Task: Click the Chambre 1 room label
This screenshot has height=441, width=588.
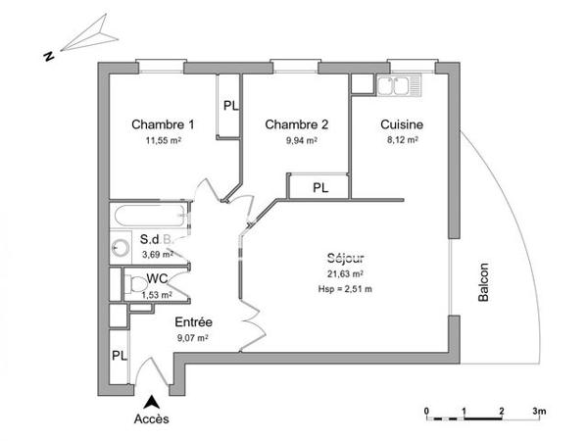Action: click(x=164, y=124)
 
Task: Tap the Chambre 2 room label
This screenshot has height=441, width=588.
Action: click(x=296, y=124)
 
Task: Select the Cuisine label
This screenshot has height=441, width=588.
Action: click(x=403, y=124)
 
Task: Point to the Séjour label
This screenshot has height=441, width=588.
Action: click(x=346, y=259)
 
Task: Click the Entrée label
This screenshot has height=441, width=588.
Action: click(x=193, y=322)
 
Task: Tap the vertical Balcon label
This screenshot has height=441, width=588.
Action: click(x=483, y=285)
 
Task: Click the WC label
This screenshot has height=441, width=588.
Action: click(x=159, y=278)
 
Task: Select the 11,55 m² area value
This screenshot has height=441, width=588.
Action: click(x=164, y=141)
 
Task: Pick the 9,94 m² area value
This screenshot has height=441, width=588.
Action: click(x=297, y=141)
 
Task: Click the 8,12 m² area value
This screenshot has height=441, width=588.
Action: click(x=402, y=141)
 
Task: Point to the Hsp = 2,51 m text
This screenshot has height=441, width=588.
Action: click(x=346, y=289)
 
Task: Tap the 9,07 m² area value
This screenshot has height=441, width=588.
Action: click(x=192, y=338)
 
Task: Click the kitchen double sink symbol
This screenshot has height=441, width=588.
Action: click(x=399, y=87)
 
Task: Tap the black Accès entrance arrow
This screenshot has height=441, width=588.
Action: click(x=151, y=402)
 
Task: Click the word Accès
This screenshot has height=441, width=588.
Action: click(x=151, y=420)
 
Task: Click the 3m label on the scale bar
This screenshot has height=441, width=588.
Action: click(x=538, y=410)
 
